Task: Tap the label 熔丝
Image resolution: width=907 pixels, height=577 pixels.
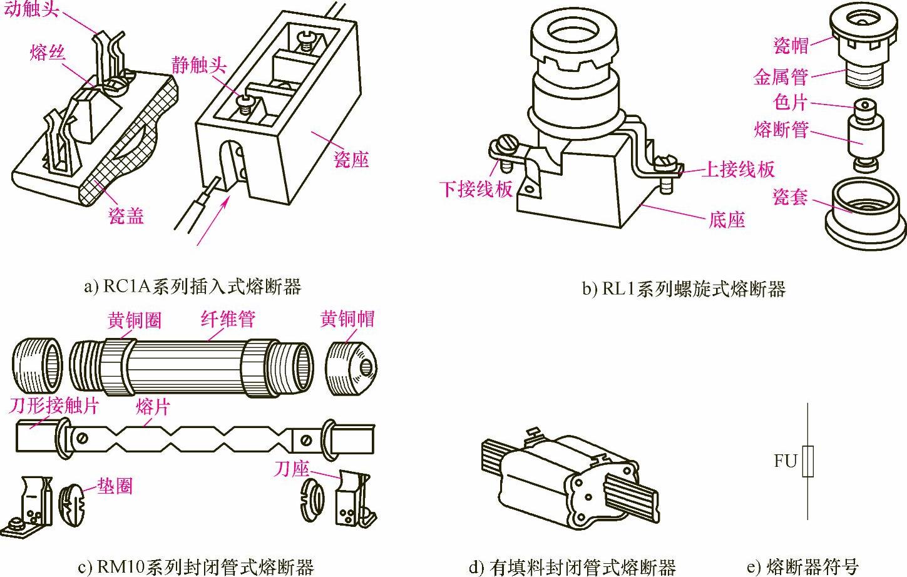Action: point(48,53)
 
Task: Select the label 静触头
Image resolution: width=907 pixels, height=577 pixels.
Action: point(198,64)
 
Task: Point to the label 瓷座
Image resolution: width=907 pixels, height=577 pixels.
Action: point(351,159)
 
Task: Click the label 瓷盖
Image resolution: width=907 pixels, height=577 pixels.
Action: point(126,216)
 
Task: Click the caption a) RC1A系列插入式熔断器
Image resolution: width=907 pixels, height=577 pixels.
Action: point(193,287)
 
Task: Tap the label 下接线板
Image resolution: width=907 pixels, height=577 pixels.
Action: point(476,188)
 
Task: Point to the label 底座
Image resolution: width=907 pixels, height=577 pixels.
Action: point(727,220)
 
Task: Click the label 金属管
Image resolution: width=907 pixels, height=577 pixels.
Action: point(781,77)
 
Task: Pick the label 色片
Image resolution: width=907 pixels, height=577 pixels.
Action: point(791,102)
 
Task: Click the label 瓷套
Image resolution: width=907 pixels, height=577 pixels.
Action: point(790,197)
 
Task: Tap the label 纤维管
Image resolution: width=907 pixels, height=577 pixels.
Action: point(228,319)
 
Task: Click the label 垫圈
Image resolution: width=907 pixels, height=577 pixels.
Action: point(115,486)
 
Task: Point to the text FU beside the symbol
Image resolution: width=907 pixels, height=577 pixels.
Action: point(785,461)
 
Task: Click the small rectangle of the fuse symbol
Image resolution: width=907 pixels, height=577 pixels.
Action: point(807,461)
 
